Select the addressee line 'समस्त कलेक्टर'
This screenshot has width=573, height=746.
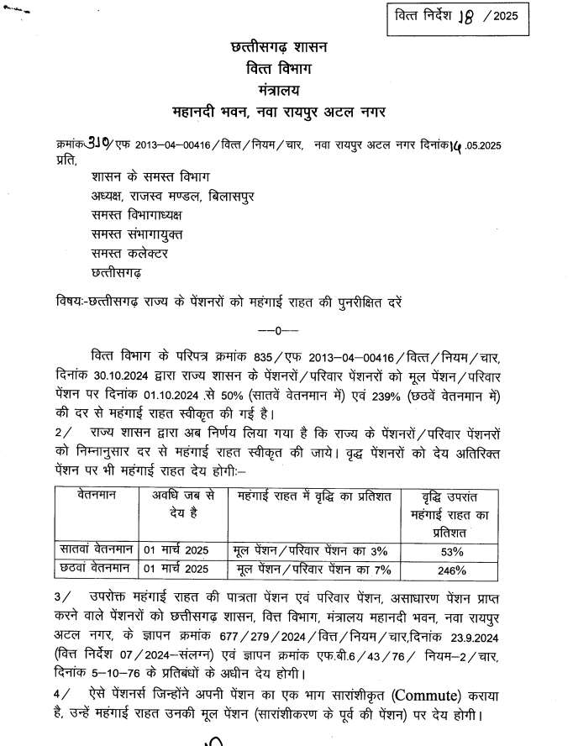coord(130,253)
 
